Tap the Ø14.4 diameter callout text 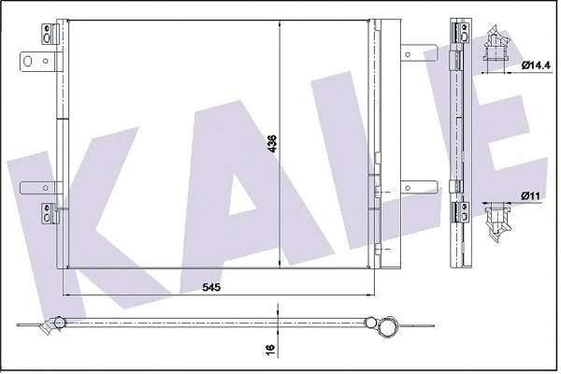tap(536, 65)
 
